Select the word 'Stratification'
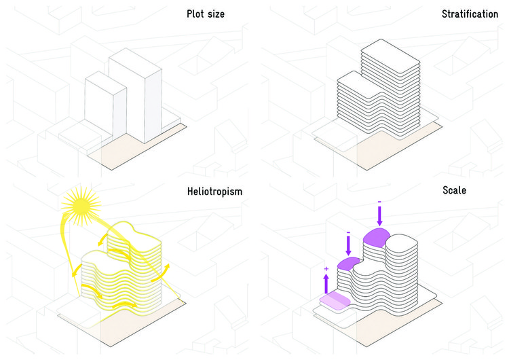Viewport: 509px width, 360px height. [x=470, y=14]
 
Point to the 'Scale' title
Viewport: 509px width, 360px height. [x=453, y=192]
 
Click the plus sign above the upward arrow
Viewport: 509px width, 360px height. [x=326, y=270]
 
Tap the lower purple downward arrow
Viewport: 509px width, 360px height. [x=348, y=245]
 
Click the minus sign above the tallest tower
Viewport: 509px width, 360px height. [x=379, y=202]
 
